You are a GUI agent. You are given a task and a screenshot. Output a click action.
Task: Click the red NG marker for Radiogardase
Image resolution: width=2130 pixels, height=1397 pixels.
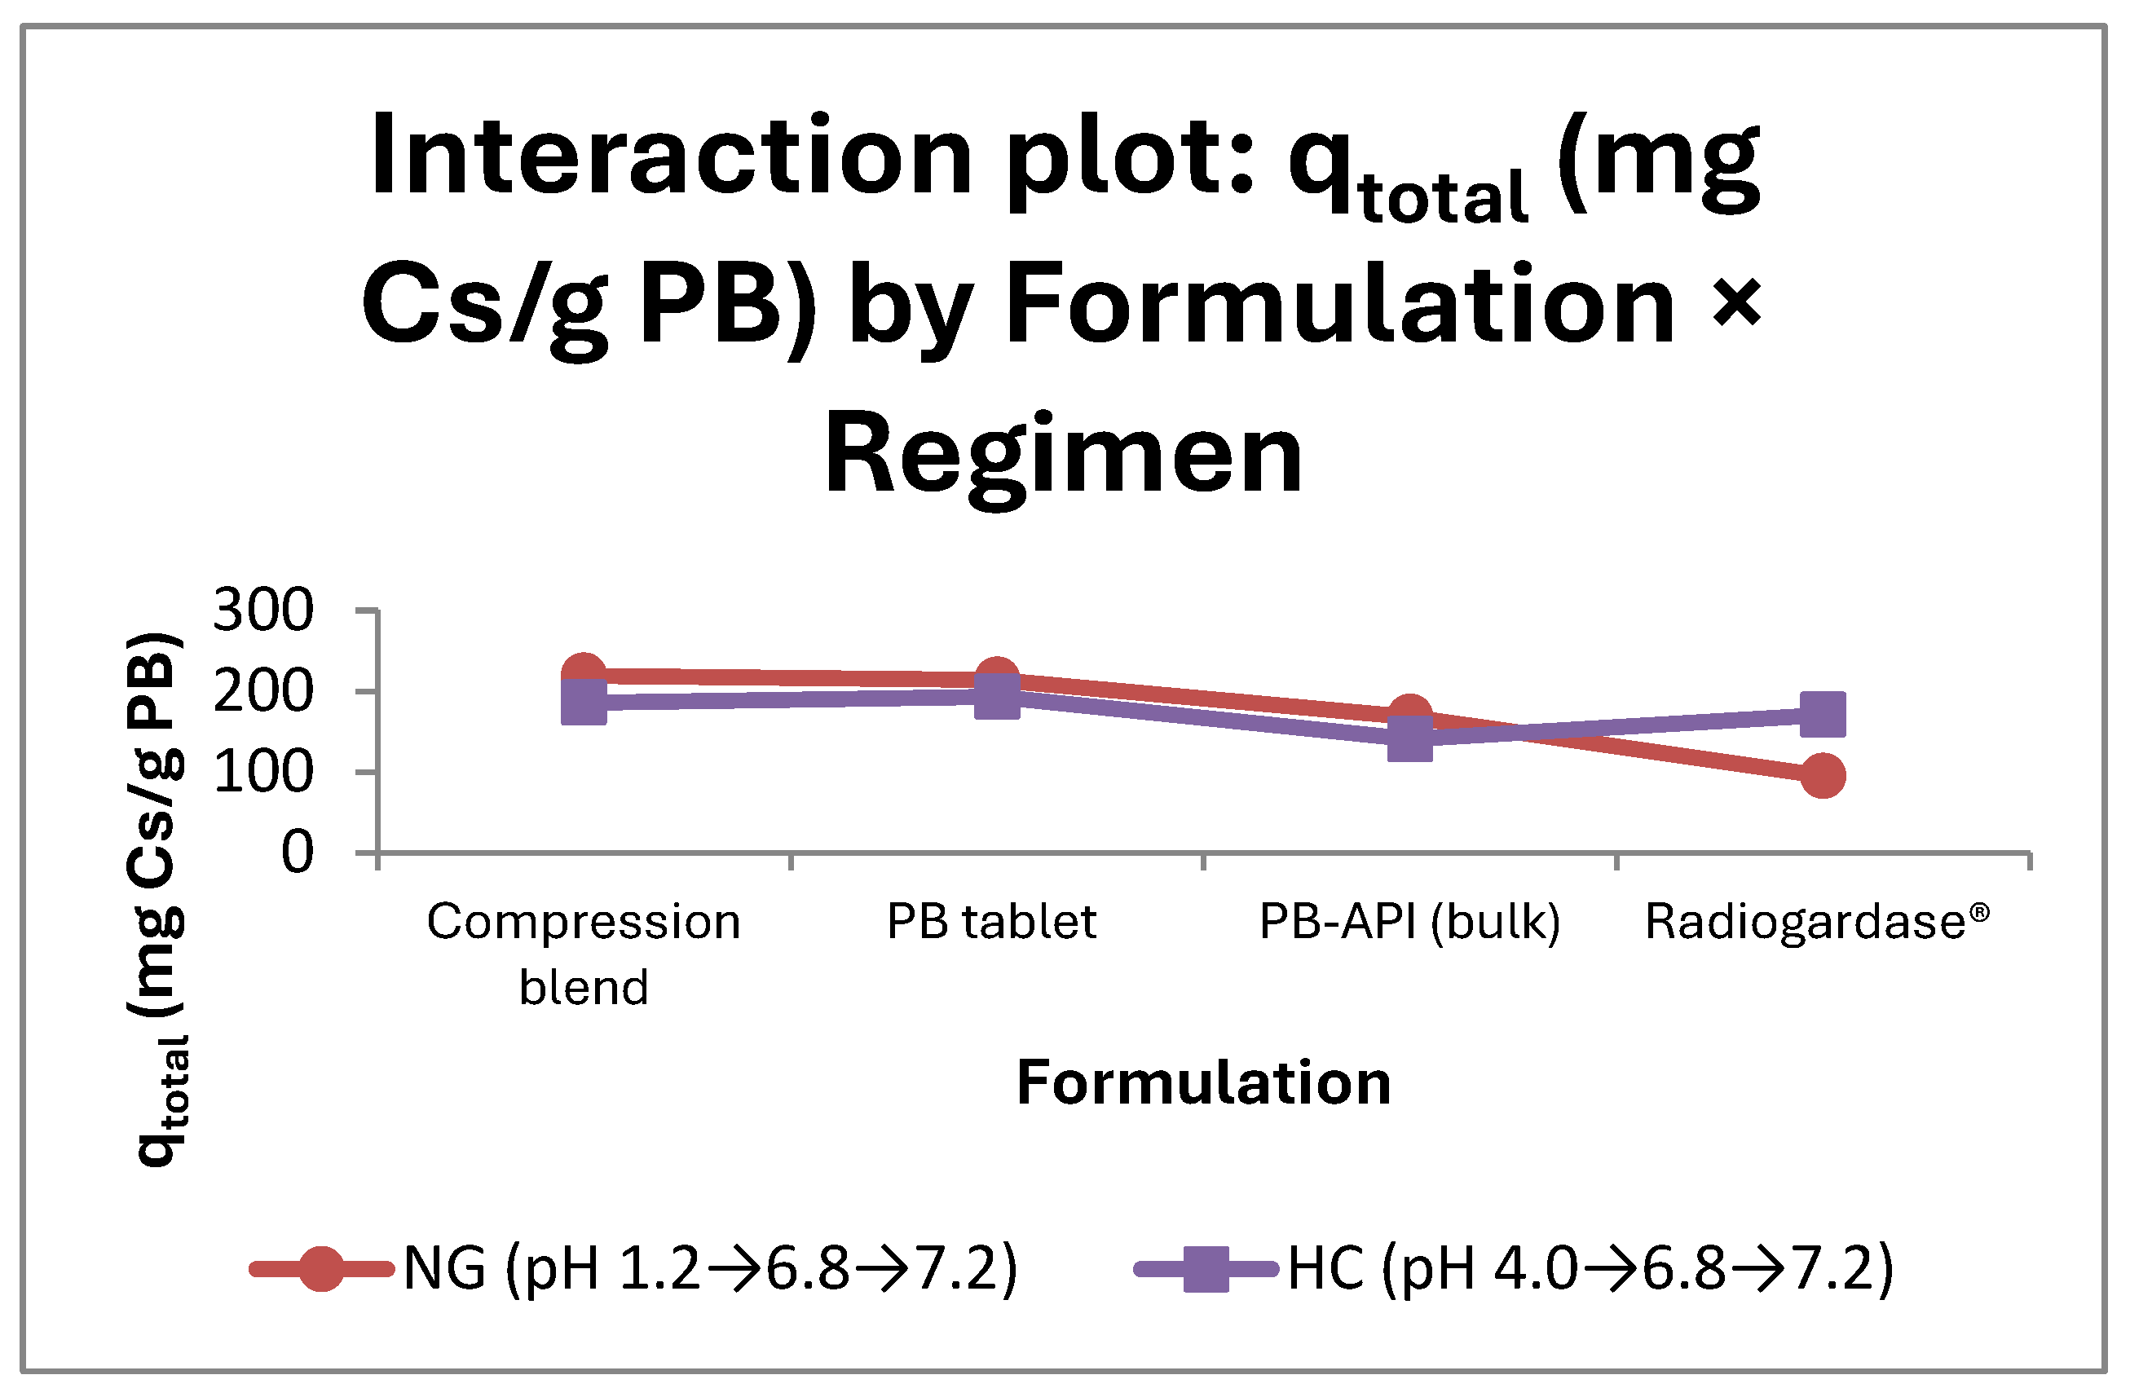(1822, 775)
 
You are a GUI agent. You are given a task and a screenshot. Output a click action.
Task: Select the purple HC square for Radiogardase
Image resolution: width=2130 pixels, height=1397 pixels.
(1822, 714)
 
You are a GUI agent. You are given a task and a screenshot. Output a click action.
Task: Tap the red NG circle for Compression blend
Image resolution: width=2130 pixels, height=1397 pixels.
(584, 674)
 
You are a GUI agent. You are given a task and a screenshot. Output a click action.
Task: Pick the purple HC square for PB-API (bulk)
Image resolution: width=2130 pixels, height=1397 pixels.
(1409, 738)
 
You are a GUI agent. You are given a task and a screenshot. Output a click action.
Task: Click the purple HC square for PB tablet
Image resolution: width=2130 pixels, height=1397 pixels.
(996, 696)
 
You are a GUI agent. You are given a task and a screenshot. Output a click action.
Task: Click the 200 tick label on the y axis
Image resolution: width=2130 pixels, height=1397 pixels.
(263, 692)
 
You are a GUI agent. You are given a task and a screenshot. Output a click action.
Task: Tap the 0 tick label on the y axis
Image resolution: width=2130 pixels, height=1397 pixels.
(298, 852)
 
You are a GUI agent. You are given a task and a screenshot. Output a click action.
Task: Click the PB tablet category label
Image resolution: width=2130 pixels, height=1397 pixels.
(991, 921)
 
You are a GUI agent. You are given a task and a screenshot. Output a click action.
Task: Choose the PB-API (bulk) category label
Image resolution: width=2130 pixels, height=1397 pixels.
(1409, 923)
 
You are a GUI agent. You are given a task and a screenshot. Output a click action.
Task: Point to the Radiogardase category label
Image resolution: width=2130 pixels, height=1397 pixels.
(1817, 921)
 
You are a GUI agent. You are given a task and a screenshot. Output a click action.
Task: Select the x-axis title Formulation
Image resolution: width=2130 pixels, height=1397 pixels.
(1204, 1083)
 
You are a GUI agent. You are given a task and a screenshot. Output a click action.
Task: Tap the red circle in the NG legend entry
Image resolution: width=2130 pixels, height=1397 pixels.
(320, 1268)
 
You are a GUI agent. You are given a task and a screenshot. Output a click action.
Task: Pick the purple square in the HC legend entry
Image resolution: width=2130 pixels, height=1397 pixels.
(1206, 1268)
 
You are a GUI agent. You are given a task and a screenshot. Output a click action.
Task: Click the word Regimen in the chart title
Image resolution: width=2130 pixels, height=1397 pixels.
(1063, 456)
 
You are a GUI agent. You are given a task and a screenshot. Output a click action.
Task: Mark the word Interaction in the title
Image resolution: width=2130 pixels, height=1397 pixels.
(671, 154)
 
